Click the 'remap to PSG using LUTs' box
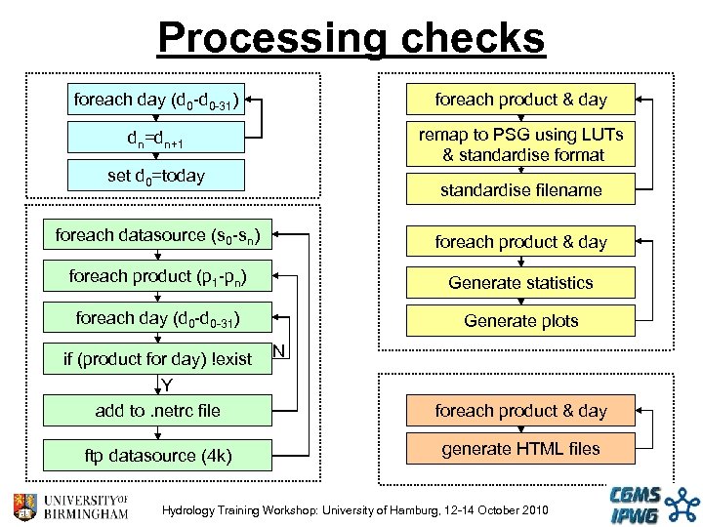click(520, 143)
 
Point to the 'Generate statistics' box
click(520, 283)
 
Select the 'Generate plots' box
click(520, 321)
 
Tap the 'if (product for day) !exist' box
click(157, 359)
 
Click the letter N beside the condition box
click(279, 351)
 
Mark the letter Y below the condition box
click(167, 385)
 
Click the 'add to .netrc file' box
click(157, 411)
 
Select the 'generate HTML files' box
click(520, 449)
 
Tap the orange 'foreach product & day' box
click(520, 411)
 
